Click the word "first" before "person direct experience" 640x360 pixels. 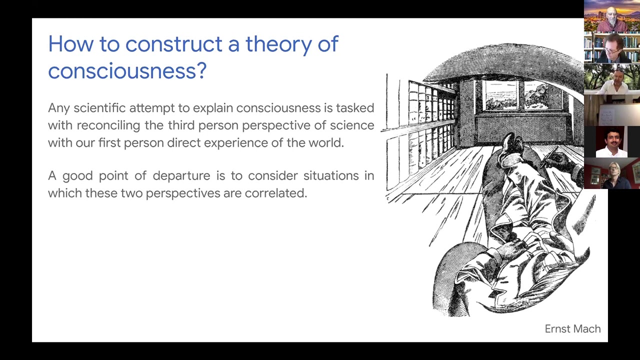[109, 142]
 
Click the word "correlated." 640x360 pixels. [275, 193]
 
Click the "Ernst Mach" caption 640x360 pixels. [572, 329]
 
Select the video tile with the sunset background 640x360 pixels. [611, 16]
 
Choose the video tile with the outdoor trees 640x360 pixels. [611, 79]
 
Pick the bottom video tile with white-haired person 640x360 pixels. [611, 173]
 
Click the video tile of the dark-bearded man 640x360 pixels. [611, 141]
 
